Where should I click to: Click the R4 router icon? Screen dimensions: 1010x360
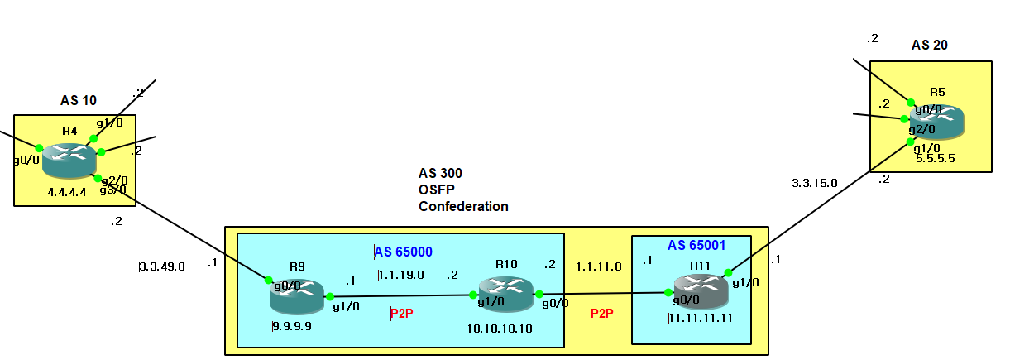click(69, 159)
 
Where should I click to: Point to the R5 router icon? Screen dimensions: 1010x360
click(937, 121)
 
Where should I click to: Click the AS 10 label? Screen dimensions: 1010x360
click(79, 101)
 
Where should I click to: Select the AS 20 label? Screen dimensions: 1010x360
click(930, 46)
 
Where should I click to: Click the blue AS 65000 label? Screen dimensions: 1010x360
click(404, 252)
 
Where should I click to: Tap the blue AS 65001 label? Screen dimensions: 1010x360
click(698, 246)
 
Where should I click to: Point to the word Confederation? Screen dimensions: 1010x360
click(463, 206)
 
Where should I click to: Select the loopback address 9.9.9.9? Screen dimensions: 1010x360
click(292, 326)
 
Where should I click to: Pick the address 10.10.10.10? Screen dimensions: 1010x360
click(500, 329)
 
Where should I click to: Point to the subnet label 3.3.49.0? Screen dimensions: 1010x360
click(163, 266)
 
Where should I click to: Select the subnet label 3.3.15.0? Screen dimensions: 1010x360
click(816, 182)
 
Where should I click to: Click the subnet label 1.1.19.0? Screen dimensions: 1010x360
click(401, 275)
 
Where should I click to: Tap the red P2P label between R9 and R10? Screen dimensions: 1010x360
click(403, 314)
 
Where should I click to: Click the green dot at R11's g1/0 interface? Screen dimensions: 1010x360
click(727, 272)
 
